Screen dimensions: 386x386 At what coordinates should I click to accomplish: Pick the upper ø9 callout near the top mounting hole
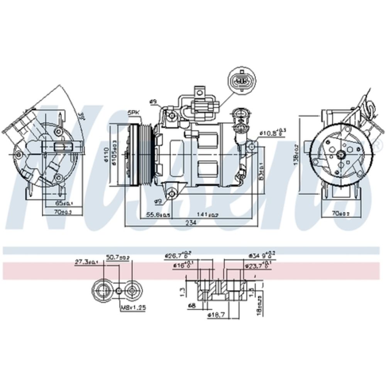(153, 102)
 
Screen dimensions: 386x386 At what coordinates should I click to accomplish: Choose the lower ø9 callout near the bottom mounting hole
(157, 201)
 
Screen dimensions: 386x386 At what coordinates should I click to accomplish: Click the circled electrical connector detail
(242, 81)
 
